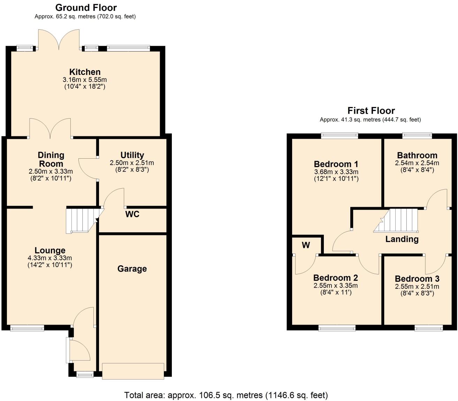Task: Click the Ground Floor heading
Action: pos(86,7)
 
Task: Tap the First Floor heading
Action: pos(371,111)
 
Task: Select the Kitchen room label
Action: pos(85,72)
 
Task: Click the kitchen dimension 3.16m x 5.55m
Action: pos(85,80)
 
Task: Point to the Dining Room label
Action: pos(51,159)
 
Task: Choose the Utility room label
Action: pos(132,155)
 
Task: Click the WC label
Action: pos(132,214)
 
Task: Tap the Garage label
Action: pos(132,268)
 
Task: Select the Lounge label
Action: pos(50,250)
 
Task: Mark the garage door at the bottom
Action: pos(133,371)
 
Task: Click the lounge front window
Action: pos(27,328)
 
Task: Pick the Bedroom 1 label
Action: pos(336,164)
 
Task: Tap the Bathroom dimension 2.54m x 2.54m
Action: pos(417,163)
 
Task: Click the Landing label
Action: pos(402,239)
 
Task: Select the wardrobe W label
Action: pos(306,245)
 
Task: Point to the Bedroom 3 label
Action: pos(417,279)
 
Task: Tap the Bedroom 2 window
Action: pos(337,328)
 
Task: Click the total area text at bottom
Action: pos(226,395)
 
